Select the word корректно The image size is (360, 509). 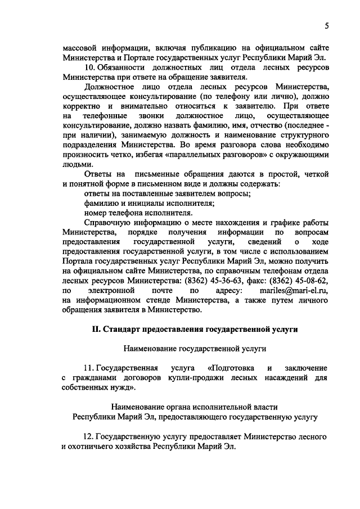coord(82,106)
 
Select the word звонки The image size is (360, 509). coord(146,115)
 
